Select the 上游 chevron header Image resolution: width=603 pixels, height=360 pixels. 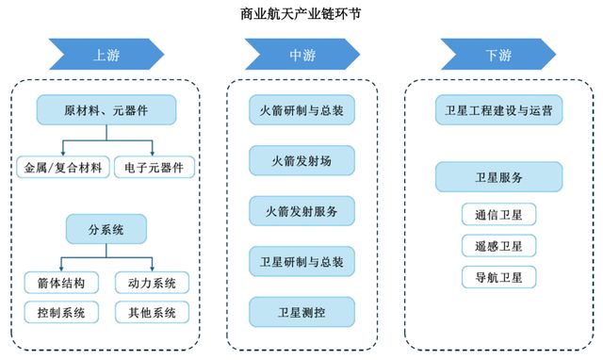click(x=103, y=56)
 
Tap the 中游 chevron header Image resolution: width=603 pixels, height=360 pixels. click(x=301, y=56)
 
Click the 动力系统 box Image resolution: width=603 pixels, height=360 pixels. click(x=152, y=282)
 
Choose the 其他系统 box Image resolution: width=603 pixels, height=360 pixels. click(x=152, y=312)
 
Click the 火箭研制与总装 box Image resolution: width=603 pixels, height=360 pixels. click(x=301, y=110)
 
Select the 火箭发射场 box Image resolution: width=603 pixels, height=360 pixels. click(x=301, y=161)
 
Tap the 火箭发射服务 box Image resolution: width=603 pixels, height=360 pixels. click(x=301, y=211)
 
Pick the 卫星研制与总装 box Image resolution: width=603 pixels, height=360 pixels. click(x=301, y=261)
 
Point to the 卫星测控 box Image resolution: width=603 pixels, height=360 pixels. click(x=301, y=312)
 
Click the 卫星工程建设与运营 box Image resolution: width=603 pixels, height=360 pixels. click(x=498, y=110)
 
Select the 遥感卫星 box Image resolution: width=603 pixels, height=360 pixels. click(x=498, y=246)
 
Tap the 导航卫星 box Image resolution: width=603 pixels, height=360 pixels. click(x=498, y=277)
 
